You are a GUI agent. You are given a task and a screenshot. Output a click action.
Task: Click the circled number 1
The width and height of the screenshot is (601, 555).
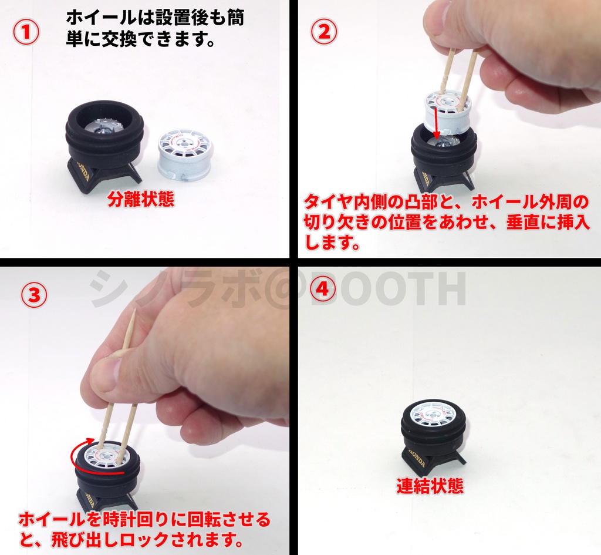tap(26, 33)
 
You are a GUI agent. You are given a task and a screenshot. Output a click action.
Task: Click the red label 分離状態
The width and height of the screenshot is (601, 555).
tap(141, 200)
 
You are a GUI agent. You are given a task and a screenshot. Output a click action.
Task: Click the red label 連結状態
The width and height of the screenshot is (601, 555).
tap(430, 486)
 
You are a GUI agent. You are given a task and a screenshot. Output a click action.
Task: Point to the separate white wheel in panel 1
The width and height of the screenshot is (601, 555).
tap(184, 154)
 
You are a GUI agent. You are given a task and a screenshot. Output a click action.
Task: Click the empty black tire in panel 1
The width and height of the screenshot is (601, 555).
tap(104, 132)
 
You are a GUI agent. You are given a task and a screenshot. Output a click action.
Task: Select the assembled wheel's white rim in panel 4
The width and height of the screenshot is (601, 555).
tap(433, 413)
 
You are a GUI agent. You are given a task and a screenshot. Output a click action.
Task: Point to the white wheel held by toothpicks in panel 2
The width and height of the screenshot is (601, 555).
tap(448, 112)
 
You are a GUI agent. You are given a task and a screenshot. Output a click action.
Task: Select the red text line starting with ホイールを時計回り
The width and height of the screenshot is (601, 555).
tap(144, 519)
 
